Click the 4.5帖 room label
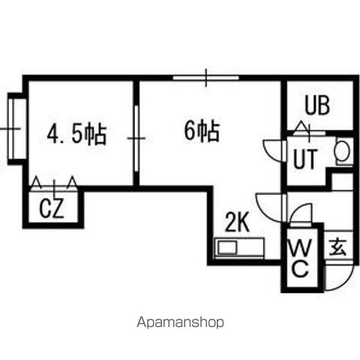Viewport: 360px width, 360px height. tap(76, 135)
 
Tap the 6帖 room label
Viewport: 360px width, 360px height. tap(202, 132)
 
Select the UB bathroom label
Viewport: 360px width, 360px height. tap(317, 106)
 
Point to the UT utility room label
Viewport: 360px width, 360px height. tap(305, 158)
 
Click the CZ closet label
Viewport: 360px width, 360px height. tap(52, 208)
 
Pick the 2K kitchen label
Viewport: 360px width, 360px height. tap(237, 222)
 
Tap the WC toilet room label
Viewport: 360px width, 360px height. tap(300, 258)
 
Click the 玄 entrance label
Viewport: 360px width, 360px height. tap(337, 247)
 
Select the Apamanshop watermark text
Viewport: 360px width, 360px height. tap(180, 322)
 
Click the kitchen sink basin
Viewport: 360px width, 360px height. tap(227, 247)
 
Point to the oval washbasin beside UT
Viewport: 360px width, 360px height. tap(342, 151)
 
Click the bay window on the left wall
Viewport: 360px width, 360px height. tap(17, 129)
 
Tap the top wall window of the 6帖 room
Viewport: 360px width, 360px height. tap(206, 77)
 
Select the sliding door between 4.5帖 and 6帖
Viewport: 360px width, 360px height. tap(136, 138)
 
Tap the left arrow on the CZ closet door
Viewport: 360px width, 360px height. tap(36, 181)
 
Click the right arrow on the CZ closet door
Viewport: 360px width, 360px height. tap(73, 181)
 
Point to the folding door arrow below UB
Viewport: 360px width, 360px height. tap(301, 127)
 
